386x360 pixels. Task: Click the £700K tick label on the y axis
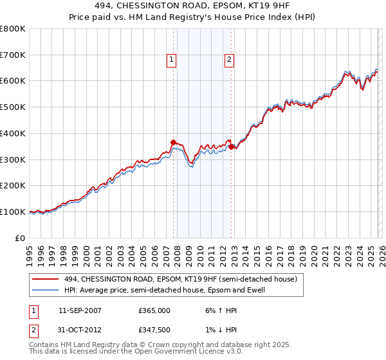coord(13,55)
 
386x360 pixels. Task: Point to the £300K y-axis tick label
coord(13,159)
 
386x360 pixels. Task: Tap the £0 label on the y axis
coord(21,238)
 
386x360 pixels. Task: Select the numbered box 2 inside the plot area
coord(229,60)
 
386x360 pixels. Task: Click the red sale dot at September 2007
coord(173,142)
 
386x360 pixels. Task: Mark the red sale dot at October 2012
coord(231,147)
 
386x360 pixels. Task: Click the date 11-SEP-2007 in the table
coord(80,310)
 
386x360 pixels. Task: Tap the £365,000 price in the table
coord(154,310)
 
